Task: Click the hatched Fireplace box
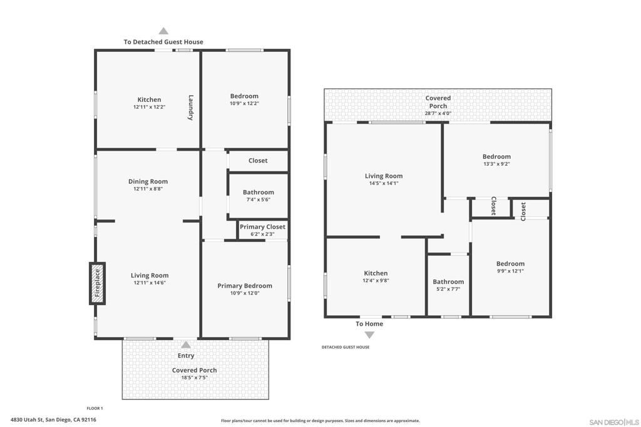tap(97, 283)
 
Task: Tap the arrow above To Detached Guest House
tap(163, 31)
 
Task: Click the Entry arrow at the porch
tap(186, 345)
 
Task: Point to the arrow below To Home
tap(369, 335)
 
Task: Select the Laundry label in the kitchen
tap(190, 108)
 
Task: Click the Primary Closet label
tap(262, 226)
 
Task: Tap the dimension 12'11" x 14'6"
tap(150, 283)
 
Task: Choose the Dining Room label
tap(148, 181)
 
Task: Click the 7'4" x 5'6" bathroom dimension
tap(259, 199)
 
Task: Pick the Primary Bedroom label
tap(245, 286)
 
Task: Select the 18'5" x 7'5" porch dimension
tap(195, 378)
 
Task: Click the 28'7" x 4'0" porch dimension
tap(438, 113)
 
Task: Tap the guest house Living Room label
tap(384, 176)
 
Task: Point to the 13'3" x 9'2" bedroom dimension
tap(496, 164)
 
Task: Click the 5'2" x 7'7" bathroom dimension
tap(448, 289)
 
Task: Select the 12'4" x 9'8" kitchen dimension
tap(376, 281)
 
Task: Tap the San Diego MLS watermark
tap(614, 422)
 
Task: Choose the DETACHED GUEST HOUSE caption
tap(346, 347)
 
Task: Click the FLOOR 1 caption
tap(95, 408)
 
